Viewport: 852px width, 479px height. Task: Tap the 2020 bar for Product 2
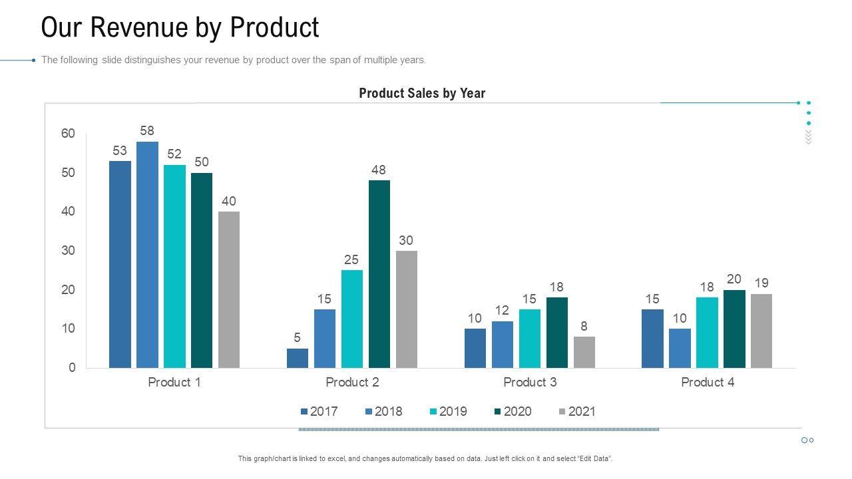click(379, 274)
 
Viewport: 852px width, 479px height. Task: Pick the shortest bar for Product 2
click(298, 358)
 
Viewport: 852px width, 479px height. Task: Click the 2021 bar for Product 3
click(584, 352)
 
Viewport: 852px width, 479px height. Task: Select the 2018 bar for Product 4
click(680, 348)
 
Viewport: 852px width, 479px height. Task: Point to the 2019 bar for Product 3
click(530, 339)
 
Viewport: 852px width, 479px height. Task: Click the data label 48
click(379, 170)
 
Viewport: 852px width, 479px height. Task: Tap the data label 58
click(147, 131)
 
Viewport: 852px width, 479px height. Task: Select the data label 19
click(761, 283)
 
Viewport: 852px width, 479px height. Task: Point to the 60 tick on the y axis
click(69, 134)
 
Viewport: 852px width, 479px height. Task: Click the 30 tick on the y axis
click(69, 251)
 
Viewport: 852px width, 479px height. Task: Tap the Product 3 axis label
click(530, 382)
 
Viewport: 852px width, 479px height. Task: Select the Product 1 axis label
click(174, 382)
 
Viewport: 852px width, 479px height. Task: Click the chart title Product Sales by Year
click(422, 93)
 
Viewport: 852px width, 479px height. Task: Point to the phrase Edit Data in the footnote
click(593, 458)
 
